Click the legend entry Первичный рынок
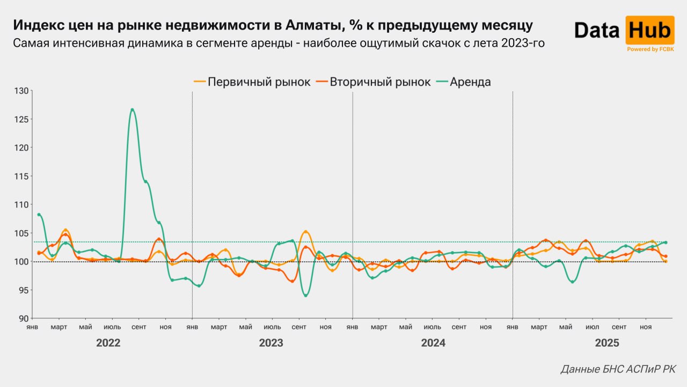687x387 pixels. click(252, 82)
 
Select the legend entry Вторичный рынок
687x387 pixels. click(374, 82)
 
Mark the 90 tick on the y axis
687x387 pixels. click(24, 319)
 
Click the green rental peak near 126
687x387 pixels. click(132, 110)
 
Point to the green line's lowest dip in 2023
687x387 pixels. click(305, 296)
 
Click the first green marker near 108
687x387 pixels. click(39, 214)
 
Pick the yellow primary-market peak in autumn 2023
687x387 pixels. click(305, 232)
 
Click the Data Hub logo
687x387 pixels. click(624, 31)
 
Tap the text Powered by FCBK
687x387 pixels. click(650, 49)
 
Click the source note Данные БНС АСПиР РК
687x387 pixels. click(618, 369)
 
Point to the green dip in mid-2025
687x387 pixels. click(572, 282)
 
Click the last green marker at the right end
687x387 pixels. click(666, 242)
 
